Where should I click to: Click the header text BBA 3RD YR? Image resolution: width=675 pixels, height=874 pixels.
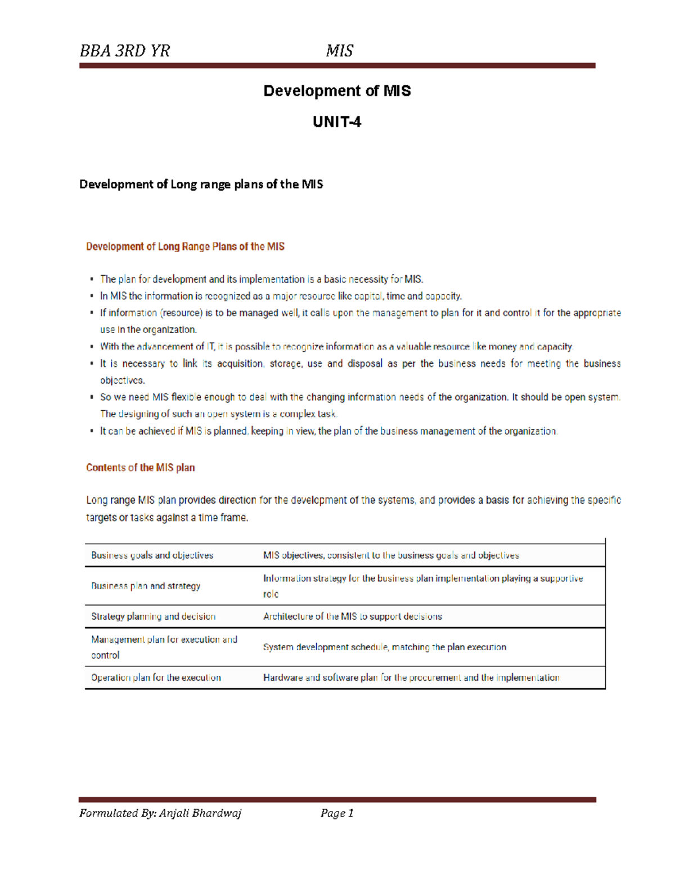pyautogui.click(x=124, y=51)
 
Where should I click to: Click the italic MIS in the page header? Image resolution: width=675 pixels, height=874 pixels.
pyautogui.click(x=339, y=51)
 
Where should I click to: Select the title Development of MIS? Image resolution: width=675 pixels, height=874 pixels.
pyautogui.click(x=337, y=91)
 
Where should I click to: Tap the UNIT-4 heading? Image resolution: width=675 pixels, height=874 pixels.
pyautogui.click(x=337, y=122)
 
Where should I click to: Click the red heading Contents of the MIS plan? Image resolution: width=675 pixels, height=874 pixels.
pyautogui.click(x=140, y=468)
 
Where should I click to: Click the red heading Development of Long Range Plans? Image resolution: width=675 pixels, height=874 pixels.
pyautogui.click(x=185, y=246)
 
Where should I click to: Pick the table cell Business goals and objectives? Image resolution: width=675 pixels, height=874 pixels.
pyautogui.click(x=152, y=555)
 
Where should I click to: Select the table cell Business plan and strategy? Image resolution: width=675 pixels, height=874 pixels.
pyautogui.click(x=146, y=586)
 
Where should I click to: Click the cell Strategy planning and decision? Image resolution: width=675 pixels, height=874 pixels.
pyautogui.click(x=153, y=617)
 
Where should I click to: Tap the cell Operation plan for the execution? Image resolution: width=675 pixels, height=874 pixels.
pyautogui.click(x=156, y=678)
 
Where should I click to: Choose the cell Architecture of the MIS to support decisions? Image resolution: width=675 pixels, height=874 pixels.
pyautogui.click(x=352, y=617)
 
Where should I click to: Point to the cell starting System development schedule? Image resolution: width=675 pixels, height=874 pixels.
pyautogui.click(x=384, y=647)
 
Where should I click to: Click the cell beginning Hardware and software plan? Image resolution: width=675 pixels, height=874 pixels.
pyautogui.click(x=411, y=678)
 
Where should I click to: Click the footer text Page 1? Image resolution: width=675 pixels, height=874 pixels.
pyautogui.click(x=336, y=813)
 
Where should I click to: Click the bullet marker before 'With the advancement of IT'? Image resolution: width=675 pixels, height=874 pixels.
pyautogui.click(x=92, y=347)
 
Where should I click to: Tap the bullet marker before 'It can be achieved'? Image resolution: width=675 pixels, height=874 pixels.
pyautogui.click(x=92, y=431)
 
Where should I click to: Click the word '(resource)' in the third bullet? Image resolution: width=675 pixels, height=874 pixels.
pyautogui.click(x=181, y=313)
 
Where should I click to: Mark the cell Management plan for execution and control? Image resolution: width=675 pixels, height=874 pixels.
pyautogui.click(x=164, y=647)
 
